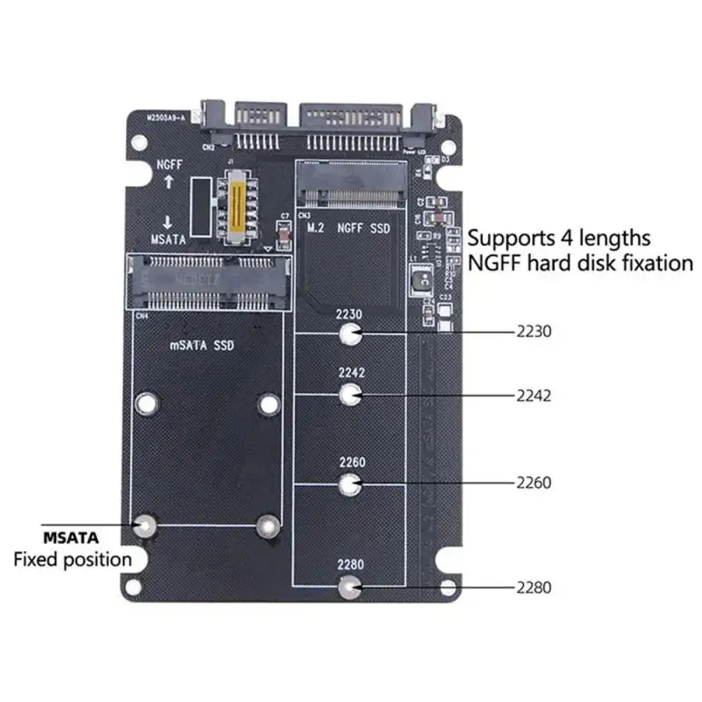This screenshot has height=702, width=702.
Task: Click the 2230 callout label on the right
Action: (x=533, y=333)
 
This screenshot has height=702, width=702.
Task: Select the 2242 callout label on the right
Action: (x=533, y=396)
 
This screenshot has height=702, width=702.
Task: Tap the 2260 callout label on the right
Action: (x=533, y=483)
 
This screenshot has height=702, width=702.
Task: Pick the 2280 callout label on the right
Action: (x=533, y=588)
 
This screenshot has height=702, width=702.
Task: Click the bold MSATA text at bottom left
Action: (x=71, y=536)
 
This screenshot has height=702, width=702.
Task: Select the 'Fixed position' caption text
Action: (x=72, y=559)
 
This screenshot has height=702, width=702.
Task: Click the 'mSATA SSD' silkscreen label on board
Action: (x=202, y=346)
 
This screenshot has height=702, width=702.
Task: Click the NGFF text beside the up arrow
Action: (x=169, y=164)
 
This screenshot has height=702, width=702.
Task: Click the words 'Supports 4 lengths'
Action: (x=559, y=238)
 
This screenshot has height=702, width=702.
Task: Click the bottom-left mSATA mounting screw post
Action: (x=145, y=526)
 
